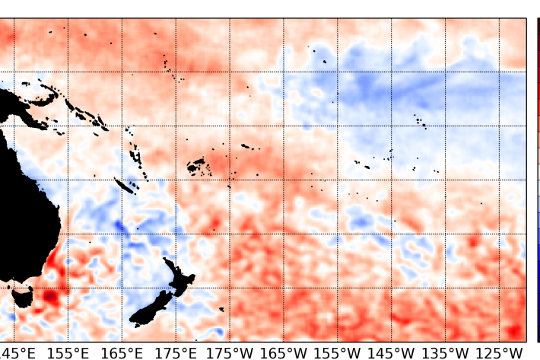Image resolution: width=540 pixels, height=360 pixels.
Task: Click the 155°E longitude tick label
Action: (67, 352)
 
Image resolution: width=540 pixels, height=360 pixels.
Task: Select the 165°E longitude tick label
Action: (122, 352)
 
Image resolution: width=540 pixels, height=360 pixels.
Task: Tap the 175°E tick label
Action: (176, 352)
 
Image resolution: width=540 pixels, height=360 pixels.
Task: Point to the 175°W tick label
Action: (230, 352)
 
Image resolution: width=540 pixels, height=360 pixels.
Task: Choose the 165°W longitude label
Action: (284, 352)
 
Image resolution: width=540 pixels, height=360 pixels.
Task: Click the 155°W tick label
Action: (339, 352)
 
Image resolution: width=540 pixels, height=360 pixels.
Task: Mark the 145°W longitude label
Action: (393, 352)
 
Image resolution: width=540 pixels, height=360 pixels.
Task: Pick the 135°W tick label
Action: (447, 352)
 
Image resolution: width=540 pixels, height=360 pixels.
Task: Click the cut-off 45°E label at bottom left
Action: (17, 352)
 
